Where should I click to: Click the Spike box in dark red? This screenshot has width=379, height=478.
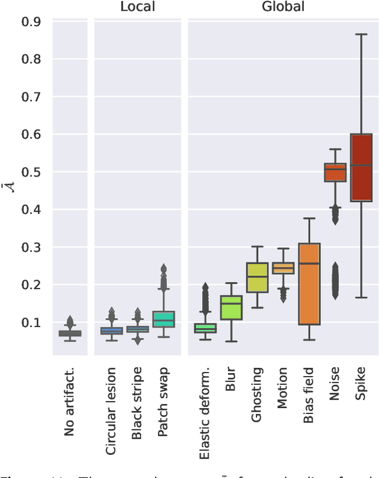[x=361, y=176]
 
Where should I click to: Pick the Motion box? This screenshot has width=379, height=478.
[x=283, y=268]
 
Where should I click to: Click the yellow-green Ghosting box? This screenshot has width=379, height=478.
[x=257, y=277]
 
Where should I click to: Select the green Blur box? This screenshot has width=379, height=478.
[x=232, y=307]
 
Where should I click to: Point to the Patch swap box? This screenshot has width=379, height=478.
[x=163, y=319]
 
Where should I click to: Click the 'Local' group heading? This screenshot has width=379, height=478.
[x=137, y=7]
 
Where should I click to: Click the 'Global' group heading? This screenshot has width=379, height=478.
[x=283, y=7]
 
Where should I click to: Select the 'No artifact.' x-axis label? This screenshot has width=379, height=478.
[x=70, y=402]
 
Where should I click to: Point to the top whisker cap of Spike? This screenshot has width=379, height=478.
[x=361, y=34]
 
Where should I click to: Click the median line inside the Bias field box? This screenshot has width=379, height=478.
[x=309, y=263]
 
